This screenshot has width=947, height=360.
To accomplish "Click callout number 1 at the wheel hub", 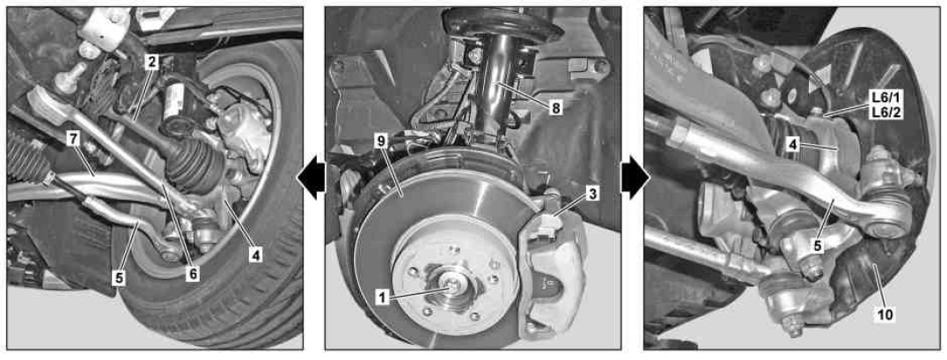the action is (x=382, y=297).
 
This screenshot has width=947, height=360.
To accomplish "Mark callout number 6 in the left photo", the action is (x=194, y=274).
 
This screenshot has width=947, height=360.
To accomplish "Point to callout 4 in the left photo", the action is (x=256, y=255).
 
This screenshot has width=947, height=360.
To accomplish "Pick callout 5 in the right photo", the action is (x=817, y=246).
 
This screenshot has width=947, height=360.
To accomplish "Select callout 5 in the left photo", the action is (x=120, y=278).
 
